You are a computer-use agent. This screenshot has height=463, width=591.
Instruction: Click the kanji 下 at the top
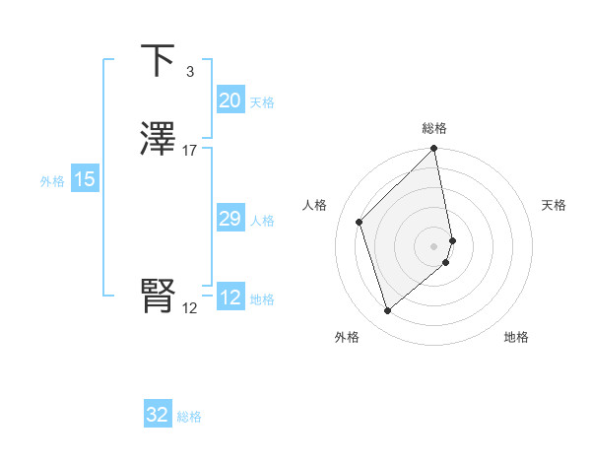coord(158,61)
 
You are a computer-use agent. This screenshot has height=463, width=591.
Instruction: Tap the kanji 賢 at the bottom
coord(158,297)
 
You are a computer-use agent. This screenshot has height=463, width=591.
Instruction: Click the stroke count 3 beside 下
coord(189,72)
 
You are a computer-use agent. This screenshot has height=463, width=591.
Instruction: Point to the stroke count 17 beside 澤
coord(190,151)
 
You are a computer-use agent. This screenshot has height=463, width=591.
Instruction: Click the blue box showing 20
coord(230,100)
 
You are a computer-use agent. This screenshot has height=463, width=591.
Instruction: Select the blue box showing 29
coord(230,219)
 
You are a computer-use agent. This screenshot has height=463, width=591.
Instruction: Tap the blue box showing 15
coord(84,179)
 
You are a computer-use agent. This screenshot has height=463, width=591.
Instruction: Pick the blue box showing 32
coord(158,415)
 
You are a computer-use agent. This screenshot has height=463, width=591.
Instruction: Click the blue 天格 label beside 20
coord(262,102)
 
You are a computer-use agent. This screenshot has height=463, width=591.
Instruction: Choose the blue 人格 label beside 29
coord(262,221)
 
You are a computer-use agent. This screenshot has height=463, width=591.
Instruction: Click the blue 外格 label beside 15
coord(52,181)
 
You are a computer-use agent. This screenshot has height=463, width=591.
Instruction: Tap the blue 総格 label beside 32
coord(189,417)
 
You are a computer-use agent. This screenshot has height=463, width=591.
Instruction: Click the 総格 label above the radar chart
coord(434,128)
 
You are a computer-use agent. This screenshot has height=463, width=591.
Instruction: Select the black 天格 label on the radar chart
coord(555,205)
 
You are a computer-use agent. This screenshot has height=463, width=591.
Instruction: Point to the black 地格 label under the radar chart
coord(516,337)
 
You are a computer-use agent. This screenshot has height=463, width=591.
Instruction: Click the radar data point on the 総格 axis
coord(434,150)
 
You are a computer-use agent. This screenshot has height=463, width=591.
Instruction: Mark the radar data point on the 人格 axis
coord(360,222)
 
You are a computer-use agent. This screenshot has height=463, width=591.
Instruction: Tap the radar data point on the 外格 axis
coord(387,311)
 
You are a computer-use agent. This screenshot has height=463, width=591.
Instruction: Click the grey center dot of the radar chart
coord(434,245)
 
